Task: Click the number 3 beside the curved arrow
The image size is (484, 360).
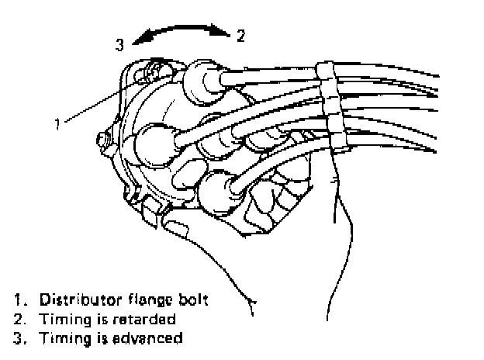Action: [x=119, y=45]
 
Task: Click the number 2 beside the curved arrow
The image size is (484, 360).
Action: [x=240, y=34]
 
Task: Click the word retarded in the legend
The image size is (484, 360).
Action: [x=148, y=318]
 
